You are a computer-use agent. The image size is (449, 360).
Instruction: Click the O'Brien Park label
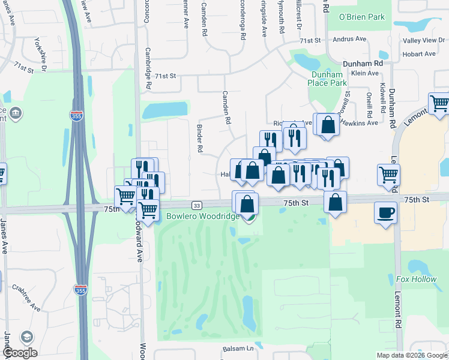[x=362, y=17]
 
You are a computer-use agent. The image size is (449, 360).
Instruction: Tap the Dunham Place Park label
[x=327, y=79]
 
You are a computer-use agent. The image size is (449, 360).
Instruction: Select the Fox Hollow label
[x=416, y=279]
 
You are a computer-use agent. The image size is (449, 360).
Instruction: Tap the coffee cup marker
[x=385, y=212]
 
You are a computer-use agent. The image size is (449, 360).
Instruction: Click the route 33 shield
[x=196, y=205]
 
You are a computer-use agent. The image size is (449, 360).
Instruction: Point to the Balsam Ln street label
[x=238, y=349]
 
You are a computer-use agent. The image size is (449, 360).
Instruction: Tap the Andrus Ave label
[x=353, y=40]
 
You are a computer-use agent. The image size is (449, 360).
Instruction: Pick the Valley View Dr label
[x=424, y=40]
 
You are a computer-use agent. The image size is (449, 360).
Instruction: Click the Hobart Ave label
[x=420, y=54]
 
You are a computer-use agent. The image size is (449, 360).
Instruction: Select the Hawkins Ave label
[x=359, y=122]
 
